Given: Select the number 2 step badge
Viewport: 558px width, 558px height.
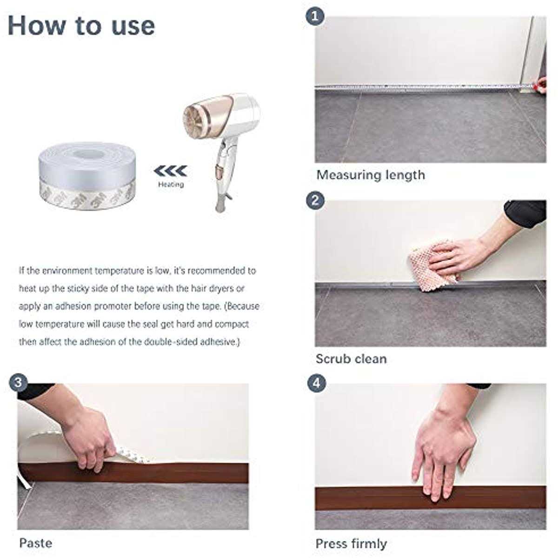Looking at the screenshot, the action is point(315,200).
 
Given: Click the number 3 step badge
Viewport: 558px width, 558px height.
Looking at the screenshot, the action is point(18,383).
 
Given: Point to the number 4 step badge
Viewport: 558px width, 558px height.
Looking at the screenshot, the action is point(317,383).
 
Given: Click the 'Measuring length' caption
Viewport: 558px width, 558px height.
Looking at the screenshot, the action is point(371,175).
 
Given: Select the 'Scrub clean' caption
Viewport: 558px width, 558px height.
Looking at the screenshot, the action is point(351,359).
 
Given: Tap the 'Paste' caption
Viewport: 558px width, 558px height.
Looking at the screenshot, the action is point(36,543).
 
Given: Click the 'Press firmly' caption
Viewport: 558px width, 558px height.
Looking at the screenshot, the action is point(351,544).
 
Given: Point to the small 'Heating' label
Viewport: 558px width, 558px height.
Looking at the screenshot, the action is point(171,185).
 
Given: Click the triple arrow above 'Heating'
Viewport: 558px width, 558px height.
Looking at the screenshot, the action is point(171,171).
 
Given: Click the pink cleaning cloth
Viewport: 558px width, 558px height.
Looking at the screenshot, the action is point(432,264).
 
